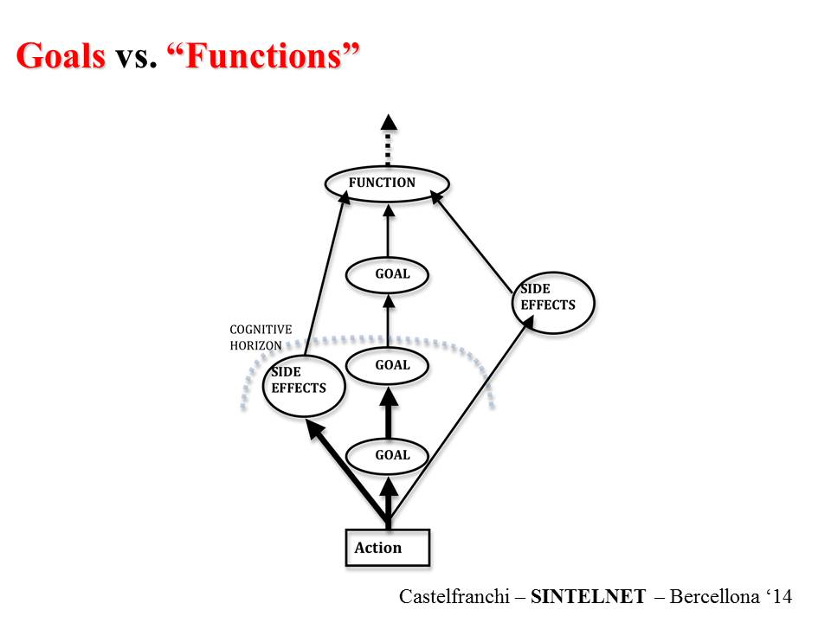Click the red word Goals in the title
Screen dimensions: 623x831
[x=61, y=56]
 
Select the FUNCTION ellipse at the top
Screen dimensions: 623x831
[x=387, y=183]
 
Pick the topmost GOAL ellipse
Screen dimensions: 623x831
[x=389, y=275]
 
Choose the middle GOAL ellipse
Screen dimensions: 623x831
[x=390, y=366]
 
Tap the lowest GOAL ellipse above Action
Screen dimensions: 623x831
[x=390, y=455]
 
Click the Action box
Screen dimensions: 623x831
[x=387, y=547]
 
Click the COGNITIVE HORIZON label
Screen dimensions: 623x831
[x=261, y=337]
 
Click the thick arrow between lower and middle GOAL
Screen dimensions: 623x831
[x=389, y=414]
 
